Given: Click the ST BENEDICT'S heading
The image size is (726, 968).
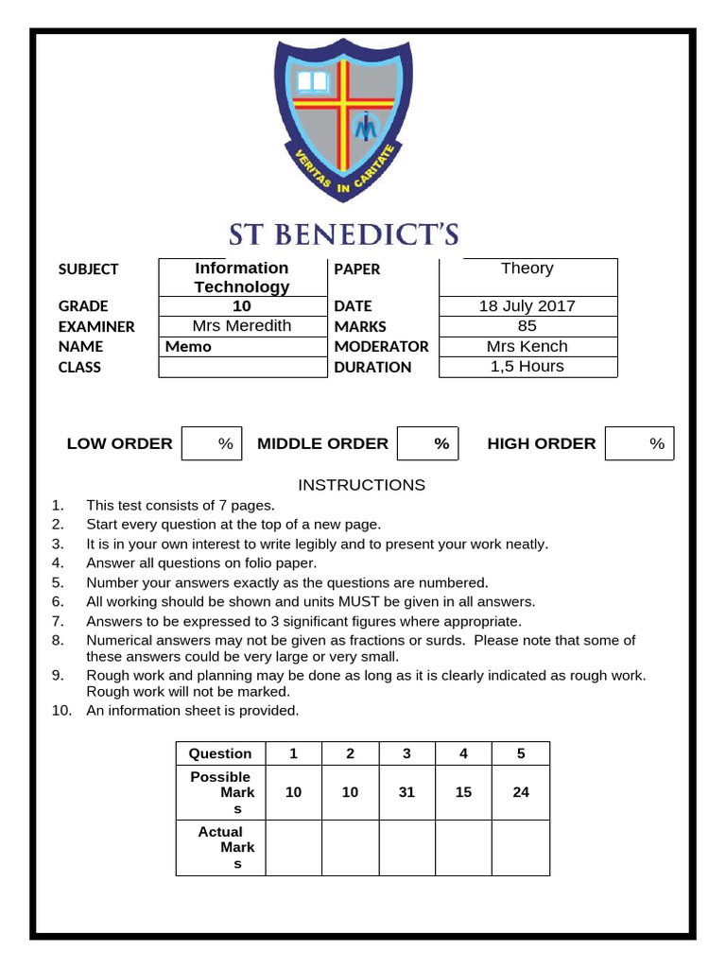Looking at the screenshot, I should (343, 234).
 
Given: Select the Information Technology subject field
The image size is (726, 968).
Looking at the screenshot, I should (242, 277).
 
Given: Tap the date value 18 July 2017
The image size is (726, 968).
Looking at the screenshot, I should (527, 305).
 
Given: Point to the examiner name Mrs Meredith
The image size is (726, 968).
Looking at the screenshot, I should (242, 326).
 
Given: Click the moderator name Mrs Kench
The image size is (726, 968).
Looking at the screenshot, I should (527, 346).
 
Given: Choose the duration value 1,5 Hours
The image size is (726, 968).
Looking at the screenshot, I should (527, 367).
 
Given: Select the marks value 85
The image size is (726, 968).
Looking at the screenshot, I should (527, 326).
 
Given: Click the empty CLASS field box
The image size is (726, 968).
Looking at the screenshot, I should (242, 368).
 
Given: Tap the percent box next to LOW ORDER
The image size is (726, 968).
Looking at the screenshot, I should (212, 443).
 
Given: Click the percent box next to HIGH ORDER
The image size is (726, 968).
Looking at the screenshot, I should (640, 443).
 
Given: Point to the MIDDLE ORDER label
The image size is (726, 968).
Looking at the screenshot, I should (322, 443).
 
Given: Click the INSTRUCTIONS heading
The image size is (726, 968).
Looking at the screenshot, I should (362, 485).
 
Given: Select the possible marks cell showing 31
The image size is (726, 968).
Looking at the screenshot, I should (406, 792).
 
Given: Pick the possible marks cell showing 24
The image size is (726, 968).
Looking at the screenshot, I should (521, 792).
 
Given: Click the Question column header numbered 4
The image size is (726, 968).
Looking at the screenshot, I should (463, 753).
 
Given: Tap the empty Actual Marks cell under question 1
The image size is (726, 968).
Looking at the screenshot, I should (294, 848).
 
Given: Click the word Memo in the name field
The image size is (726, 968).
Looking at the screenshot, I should (189, 347).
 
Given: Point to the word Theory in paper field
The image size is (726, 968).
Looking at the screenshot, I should (527, 268).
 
